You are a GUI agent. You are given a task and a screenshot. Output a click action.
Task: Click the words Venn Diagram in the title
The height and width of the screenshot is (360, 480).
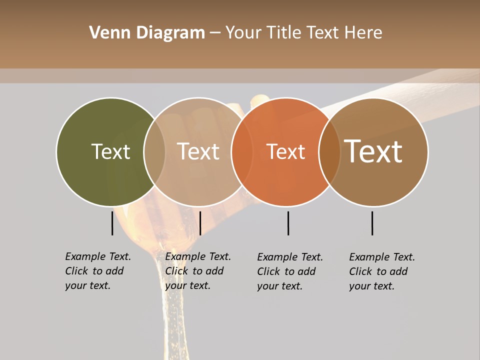(147, 33)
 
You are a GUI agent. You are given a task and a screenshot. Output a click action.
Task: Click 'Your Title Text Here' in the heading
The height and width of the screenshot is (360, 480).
(303, 33)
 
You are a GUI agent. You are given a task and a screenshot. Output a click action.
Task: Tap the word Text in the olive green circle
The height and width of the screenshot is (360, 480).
(110, 151)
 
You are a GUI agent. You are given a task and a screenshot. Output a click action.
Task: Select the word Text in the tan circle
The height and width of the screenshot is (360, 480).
(198, 151)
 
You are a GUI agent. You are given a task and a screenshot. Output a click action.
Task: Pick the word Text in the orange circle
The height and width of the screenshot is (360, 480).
(286, 151)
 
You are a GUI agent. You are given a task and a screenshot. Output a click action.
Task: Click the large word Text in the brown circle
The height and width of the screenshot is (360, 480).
(373, 151)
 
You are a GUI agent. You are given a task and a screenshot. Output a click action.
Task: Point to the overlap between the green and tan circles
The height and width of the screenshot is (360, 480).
(154, 152)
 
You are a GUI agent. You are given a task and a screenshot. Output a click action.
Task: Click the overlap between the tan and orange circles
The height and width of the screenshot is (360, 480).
(242, 152)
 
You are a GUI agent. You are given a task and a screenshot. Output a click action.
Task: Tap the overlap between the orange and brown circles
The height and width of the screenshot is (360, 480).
(329, 152)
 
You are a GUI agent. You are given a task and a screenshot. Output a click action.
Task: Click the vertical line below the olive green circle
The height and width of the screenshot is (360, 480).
(112, 223)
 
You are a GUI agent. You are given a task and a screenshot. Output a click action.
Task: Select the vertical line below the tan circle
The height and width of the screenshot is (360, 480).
(200, 223)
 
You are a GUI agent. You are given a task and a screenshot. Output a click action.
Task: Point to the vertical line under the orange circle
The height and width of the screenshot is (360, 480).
(288, 223)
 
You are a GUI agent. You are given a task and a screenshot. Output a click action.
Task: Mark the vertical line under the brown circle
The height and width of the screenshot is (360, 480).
(372, 223)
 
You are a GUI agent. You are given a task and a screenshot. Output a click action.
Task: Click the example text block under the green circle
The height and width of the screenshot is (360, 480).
(98, 271)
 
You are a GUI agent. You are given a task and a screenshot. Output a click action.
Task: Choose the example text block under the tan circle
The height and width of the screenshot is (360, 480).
(198, 271)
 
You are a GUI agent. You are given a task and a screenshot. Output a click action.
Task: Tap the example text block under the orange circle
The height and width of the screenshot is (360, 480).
(290, 271)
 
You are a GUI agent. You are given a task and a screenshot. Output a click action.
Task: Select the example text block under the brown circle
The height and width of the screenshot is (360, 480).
(382, 271)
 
